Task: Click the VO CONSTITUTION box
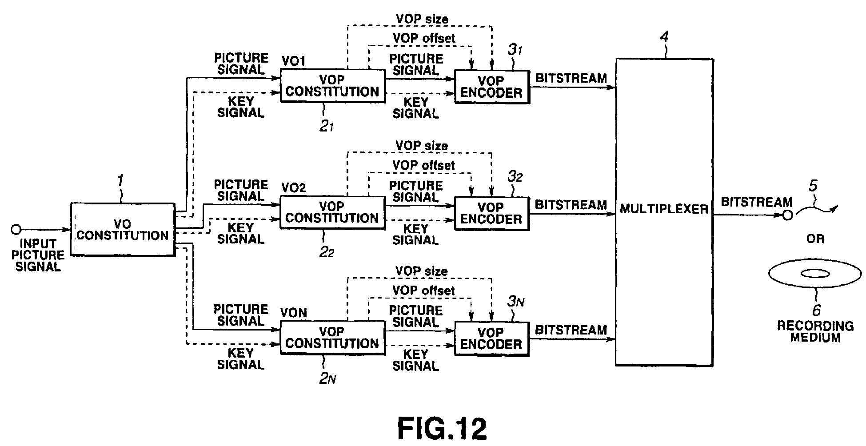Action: [122, 229]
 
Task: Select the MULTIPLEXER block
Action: [664, 212]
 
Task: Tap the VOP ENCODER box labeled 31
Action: [491, 87]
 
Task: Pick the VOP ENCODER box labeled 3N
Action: [491, 338]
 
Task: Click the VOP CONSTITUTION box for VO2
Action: [332, 212]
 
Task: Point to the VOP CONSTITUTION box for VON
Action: [332, 338]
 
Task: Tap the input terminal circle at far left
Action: [16, 230]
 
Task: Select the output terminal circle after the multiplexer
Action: [787, 216]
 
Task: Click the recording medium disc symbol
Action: [815, 274]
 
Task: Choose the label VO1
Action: [293, 61]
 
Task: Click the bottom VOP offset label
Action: [423, 291]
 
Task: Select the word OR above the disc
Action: [815, 239]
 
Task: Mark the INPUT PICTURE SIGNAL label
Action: [38, 255]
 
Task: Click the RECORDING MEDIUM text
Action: [815, 331]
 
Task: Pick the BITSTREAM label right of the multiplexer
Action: [756, 202]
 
